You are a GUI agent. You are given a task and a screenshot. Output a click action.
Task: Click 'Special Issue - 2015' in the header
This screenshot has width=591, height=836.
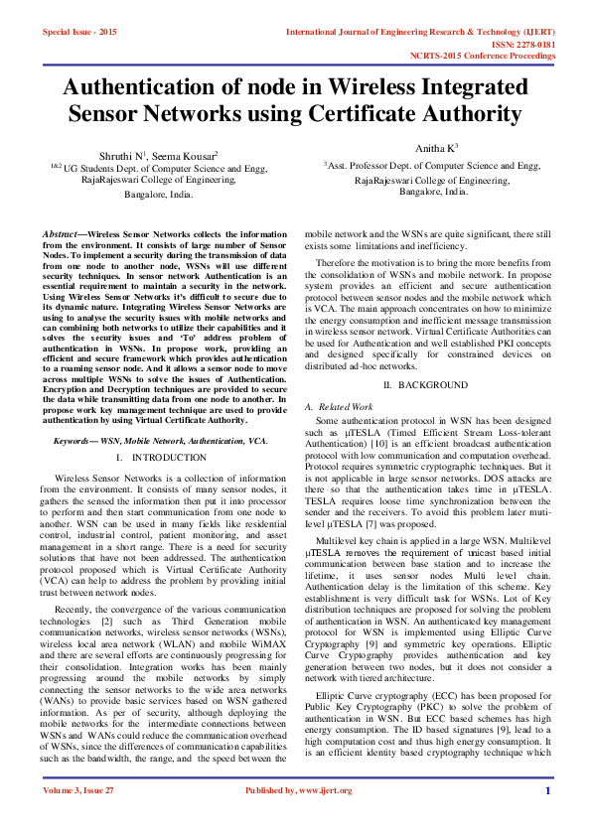coord(79,32)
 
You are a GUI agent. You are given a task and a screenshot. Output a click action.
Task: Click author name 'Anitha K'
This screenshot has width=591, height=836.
coord(435,148)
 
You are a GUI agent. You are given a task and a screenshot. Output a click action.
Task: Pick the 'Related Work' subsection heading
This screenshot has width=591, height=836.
coord(340,407)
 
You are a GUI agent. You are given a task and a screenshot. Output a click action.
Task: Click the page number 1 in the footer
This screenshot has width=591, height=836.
coord(547,818)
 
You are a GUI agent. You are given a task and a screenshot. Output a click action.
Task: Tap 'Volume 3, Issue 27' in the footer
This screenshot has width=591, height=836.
coord(79,818)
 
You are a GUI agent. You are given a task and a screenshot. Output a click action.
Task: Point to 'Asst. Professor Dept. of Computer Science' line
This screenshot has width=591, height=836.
coord(433,166)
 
